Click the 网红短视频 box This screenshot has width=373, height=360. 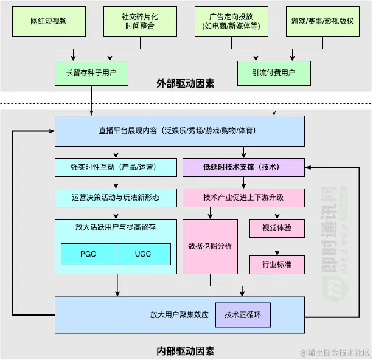49,21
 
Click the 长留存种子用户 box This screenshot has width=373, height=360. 91,72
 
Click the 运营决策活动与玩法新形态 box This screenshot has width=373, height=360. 116,198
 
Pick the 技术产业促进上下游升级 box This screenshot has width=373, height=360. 243,198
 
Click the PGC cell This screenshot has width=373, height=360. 88,254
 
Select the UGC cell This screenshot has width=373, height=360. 143,254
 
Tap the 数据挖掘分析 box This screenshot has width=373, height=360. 210,246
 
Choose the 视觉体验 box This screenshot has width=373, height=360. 276,228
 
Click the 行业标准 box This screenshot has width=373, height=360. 276,265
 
